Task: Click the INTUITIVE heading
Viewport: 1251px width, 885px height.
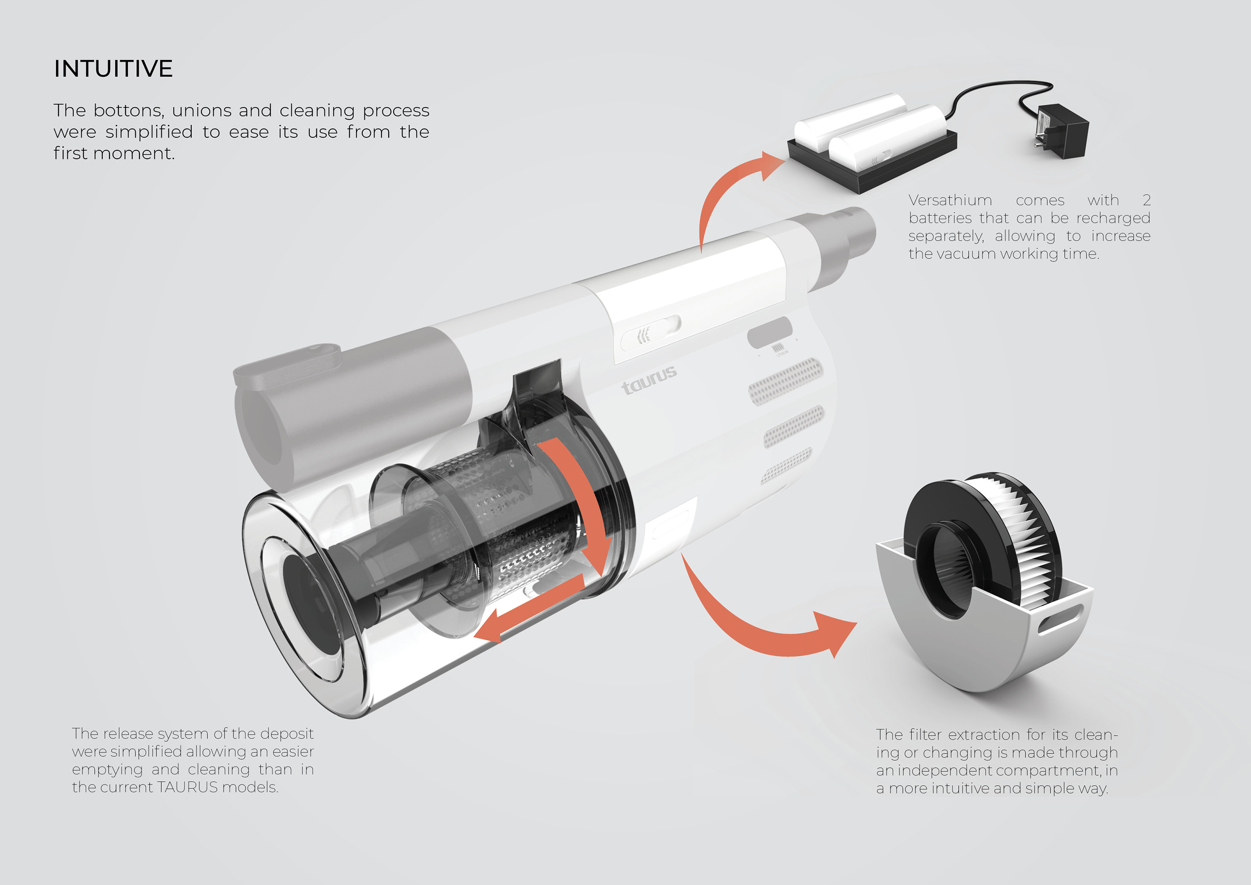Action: click(x=113, y=69)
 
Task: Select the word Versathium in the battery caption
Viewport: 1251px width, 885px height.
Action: click(x=950, y=201)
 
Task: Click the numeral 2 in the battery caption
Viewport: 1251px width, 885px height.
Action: click(x=1146, y=201)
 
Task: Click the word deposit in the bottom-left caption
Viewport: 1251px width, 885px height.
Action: click(x=287, y=734)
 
